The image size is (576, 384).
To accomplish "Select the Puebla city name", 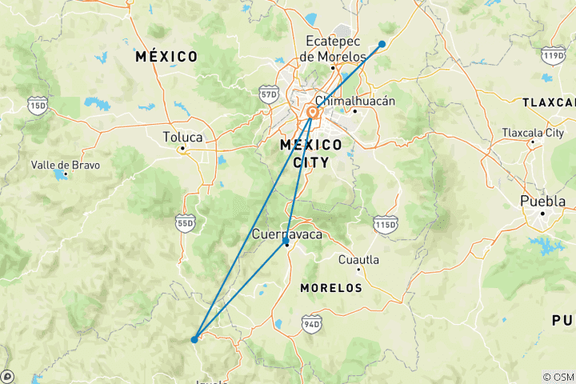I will [x=542, y=201].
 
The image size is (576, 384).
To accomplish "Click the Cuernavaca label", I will [x=287, y=234].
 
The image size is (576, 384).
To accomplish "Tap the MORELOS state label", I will [x=330, y=287].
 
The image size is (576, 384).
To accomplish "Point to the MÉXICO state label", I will [x=166, y=57].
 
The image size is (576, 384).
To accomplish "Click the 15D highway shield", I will [x=36, y=105].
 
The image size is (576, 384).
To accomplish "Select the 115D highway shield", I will [x=385, y=226].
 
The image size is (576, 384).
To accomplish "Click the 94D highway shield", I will [x=311, y=323].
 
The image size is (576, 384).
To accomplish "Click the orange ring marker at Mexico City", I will [x=312, y=113].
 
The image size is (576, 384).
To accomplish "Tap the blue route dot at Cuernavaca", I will [x=286, y=240].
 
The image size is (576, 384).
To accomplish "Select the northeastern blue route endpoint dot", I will [x=382, y=44].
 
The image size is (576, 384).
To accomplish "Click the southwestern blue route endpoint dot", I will [x=194, y=339].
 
